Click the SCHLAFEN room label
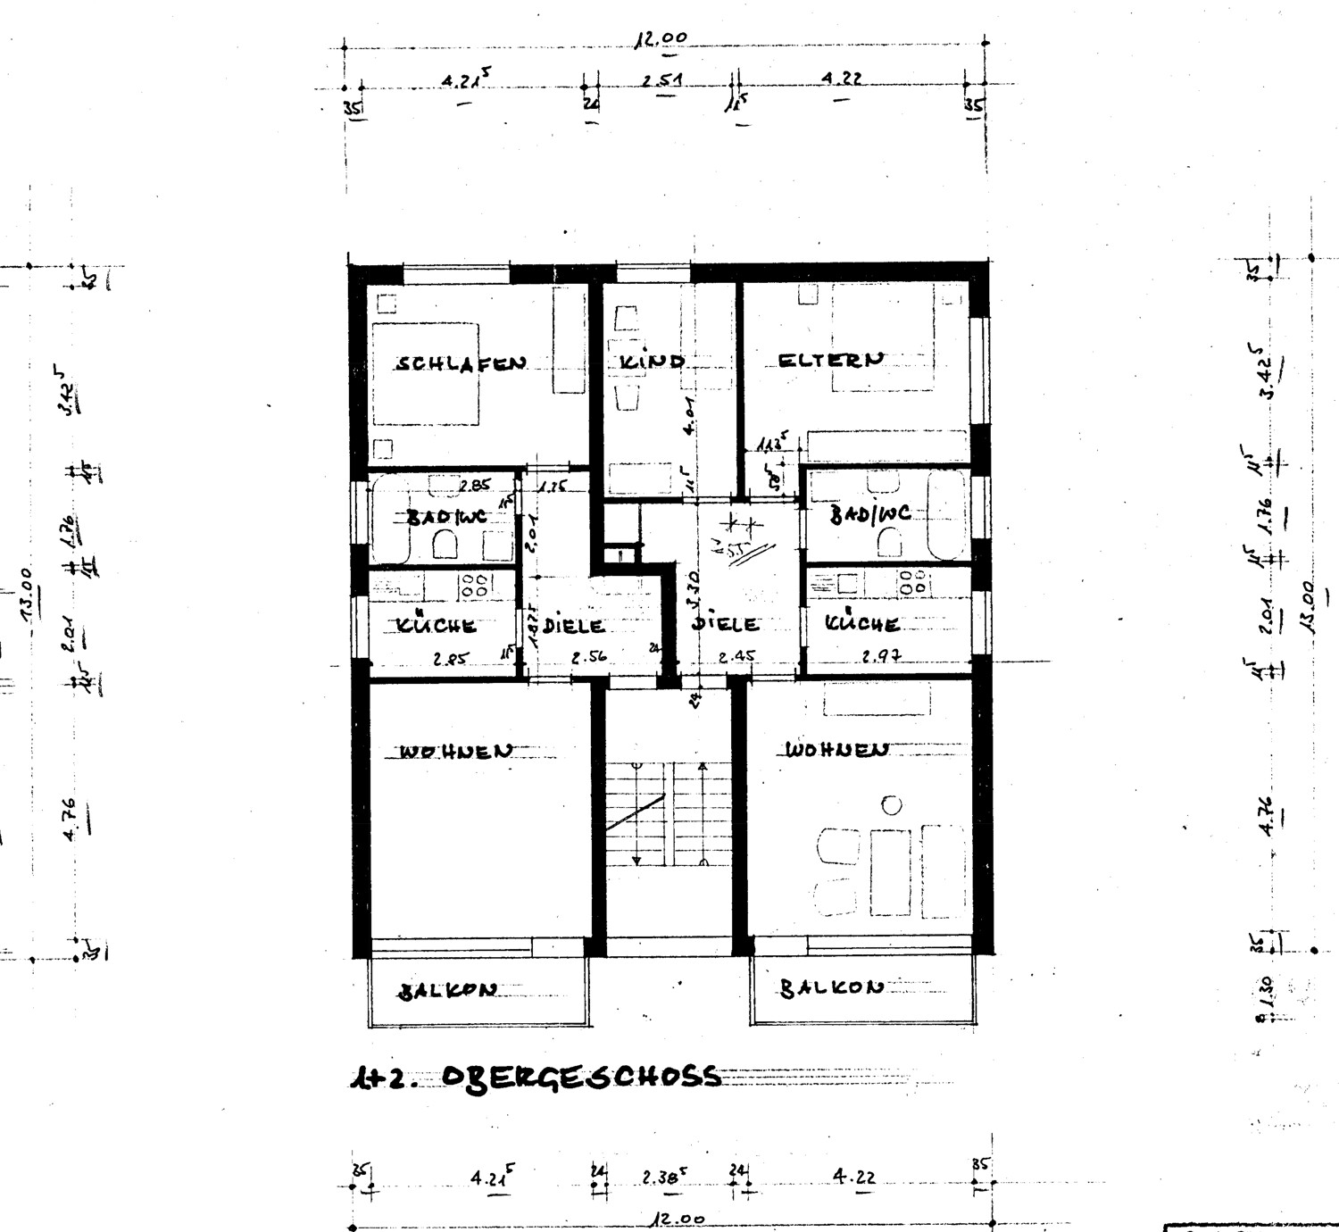[x=461, y=363]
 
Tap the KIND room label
[x=653, y=362]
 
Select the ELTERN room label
[x=831, y=360]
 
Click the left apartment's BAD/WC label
[x=446, y=517]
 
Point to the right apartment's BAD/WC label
[x=870, y=514]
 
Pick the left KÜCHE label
[x=437, y=626]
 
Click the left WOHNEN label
[x=456, y=751]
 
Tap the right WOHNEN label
[x=836, y=749]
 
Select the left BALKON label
[x=448, y=991]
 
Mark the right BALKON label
[x=831, y=987]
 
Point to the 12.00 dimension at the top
[x=661, y=38]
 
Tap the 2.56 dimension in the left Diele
[x=589, y=657]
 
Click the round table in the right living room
[x=891, y=805]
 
